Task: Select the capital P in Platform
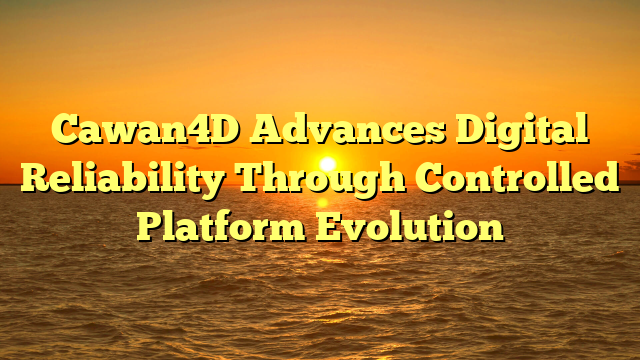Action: coord(149,226)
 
